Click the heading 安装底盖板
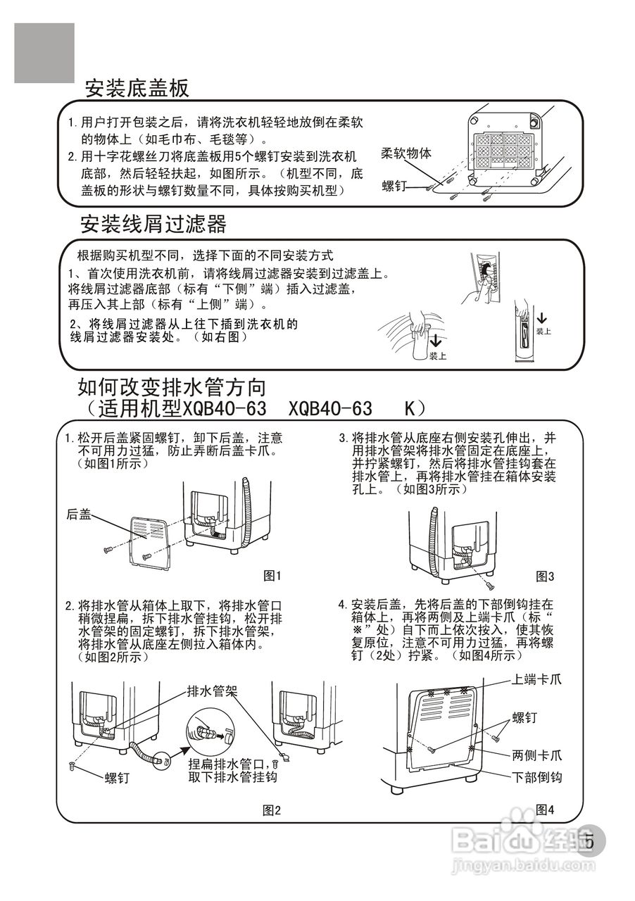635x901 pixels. [x=137, y=89]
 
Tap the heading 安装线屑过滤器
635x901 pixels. [x=153, y=225]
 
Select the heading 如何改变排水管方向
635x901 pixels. [x=172, y=386]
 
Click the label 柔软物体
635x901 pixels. [x=406, y=153]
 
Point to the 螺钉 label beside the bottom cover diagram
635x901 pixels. [x=396, y=185]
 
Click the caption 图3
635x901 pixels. [x=545, y=576]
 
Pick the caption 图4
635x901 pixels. [x=545, y=809]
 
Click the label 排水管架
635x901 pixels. [x=212, y=691]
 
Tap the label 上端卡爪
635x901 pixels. [x=537, y=680]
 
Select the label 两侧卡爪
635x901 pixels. [x=537, y=756]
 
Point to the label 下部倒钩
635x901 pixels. [x=537, y=778]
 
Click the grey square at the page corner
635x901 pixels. [x=44, y=53]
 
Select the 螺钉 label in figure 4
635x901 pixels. [x=524, y=718]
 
